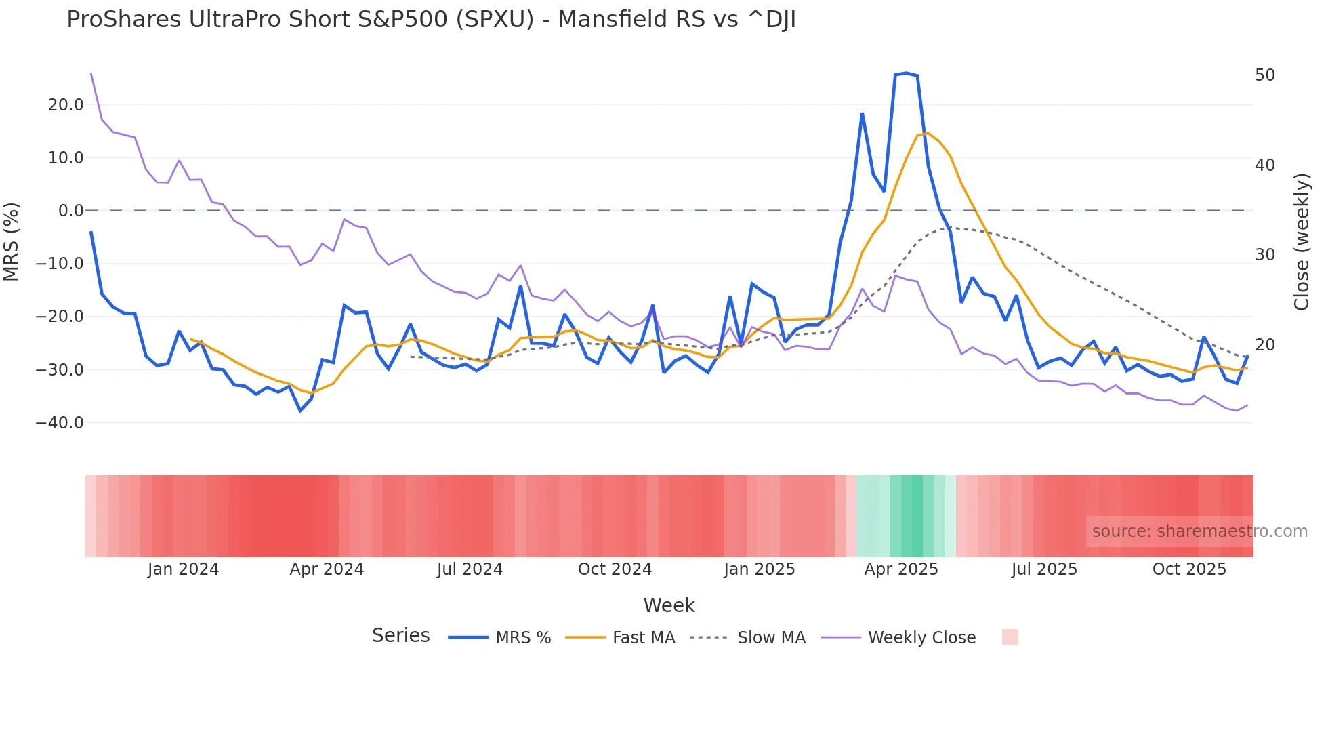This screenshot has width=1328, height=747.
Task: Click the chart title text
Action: click(431, 20)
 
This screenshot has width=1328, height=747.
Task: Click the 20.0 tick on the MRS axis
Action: click(66, 105)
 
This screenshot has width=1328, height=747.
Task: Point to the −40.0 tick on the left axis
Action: click(60, 423)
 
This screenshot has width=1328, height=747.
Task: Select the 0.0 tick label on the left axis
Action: click(70, 211)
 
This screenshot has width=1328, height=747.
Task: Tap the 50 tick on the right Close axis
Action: click(1264, 75)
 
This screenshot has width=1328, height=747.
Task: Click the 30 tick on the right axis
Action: click(1264, 255)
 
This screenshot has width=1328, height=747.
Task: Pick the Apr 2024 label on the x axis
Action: click(327, 569)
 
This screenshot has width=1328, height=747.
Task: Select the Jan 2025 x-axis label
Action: click(759, 569)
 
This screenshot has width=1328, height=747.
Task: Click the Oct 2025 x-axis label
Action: click(1189, 569)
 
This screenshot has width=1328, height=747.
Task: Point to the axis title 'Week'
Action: click(669, 605)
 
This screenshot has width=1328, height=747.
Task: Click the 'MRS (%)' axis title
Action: click(12, 241)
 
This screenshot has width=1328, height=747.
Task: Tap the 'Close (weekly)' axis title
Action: click(1301, 241)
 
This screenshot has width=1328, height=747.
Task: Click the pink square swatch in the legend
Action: click(1010, 637)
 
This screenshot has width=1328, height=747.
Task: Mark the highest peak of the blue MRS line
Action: click(906, 73)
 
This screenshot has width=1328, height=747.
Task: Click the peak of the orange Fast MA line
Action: click(928, 133)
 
